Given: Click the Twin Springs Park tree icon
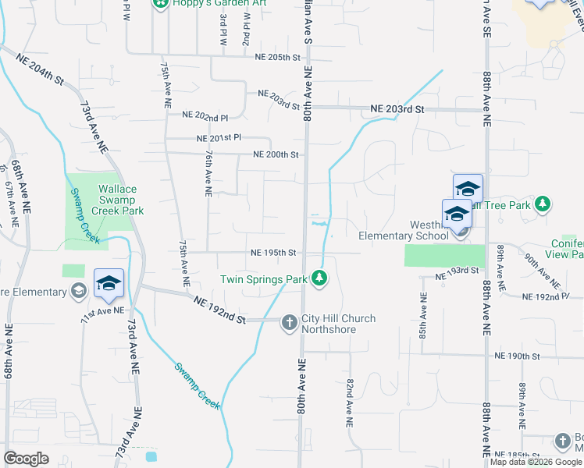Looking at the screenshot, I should (319, 278).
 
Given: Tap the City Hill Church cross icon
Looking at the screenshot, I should (289, 322).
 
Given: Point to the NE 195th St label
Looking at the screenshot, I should (273, 253).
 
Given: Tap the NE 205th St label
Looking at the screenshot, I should (278, 57).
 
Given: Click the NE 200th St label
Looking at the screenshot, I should (276, 155).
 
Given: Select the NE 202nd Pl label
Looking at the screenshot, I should (205, 115).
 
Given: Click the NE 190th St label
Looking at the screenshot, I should (517, 356).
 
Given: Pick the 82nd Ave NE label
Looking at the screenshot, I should (349, 402).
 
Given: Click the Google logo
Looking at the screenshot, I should (26, 459).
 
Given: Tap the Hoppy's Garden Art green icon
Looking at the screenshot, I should (161, 3).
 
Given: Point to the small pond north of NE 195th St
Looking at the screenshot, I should (318, 224).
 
